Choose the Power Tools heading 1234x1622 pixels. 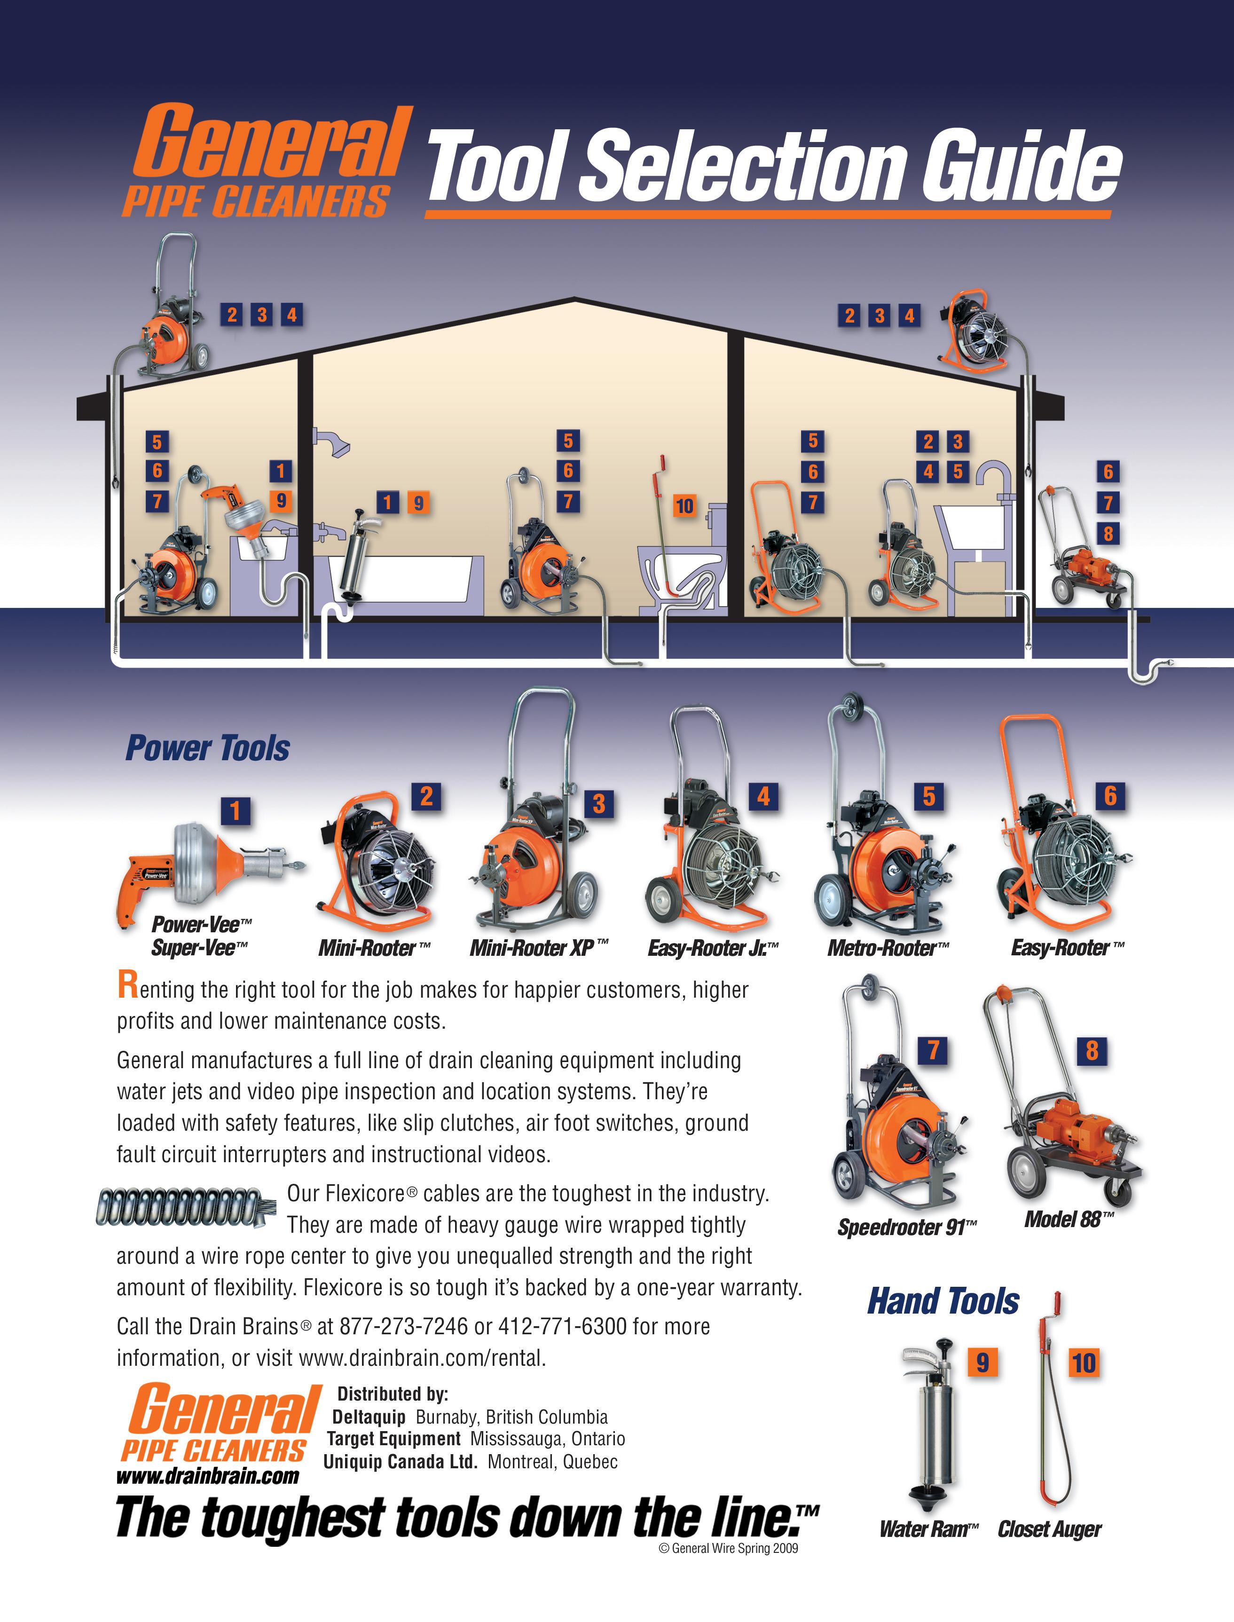(x=208, y=748)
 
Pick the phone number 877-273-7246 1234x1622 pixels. (x=403, y=1326)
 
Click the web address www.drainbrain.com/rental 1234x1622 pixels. (x=422, y=1358)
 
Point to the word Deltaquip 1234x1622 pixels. (x=369, y=1417)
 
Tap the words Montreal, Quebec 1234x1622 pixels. (x=552, y=1462)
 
